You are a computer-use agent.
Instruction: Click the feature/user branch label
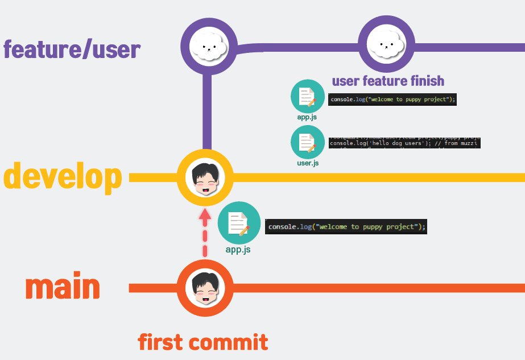[72, 50]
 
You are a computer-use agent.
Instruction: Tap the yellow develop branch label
[63, 177]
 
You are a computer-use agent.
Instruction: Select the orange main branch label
[63, 287]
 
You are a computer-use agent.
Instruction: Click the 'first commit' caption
[202, 342]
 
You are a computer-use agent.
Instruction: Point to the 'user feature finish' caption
[388, 81]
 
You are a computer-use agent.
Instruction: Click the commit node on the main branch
[205, 288]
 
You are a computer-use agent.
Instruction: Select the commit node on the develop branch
[205, 177]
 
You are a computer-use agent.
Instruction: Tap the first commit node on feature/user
[208, 45]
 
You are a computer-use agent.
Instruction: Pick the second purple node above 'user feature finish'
[386, 44]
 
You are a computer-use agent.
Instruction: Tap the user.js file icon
[307, 142]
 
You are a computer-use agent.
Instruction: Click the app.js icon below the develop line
[239, 223]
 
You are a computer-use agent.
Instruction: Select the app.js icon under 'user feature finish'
[307, 96]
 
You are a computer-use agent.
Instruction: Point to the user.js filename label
[307, 163]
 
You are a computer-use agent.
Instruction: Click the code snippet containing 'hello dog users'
[404, 142]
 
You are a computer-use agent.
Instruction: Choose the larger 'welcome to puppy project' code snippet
[346, 226]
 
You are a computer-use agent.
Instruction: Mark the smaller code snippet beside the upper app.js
[393, 99]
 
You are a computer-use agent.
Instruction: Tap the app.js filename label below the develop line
[238, 249]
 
